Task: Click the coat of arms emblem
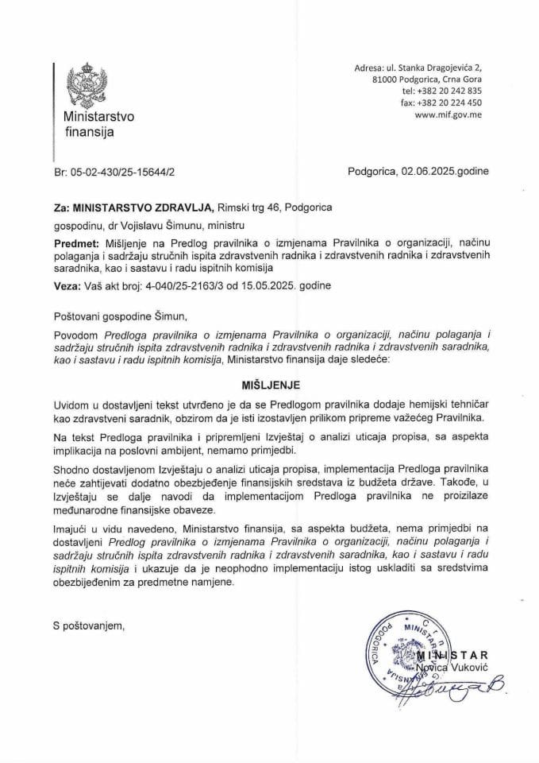[x=84, y=86]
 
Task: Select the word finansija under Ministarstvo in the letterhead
[x=88, y=132]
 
